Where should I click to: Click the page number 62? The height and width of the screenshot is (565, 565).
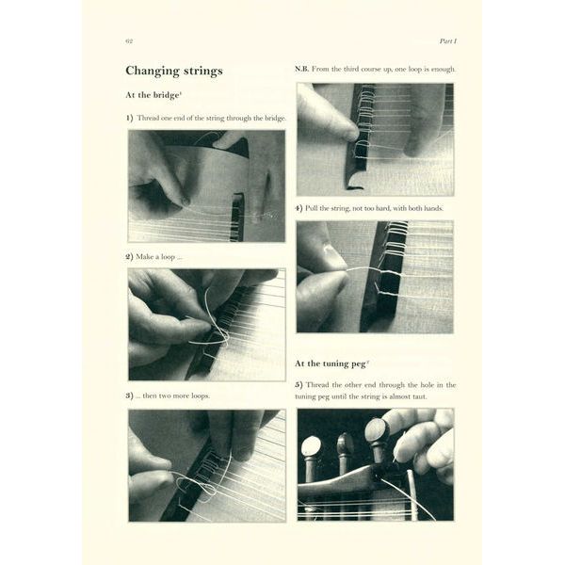click(128, 41)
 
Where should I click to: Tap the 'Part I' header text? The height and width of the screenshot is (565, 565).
click(446, 41)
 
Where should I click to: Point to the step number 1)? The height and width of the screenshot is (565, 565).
click(130, 119)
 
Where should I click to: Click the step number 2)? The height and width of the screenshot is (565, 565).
click(130, 256)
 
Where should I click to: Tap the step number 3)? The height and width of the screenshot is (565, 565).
click(130, 395)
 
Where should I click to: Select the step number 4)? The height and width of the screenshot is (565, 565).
click(299, 207)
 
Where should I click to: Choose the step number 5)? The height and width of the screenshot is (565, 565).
click(299, 384)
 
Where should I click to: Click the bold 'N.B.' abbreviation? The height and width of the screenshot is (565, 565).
click(301, 70)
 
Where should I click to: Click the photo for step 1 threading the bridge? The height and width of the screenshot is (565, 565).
click(206, 186)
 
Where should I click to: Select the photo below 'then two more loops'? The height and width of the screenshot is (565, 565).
click(206, 464)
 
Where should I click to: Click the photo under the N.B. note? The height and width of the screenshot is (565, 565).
click(374, 138)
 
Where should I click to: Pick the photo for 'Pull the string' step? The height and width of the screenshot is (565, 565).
click(374, 277)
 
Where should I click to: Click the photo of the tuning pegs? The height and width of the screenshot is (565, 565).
click(374, 464)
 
